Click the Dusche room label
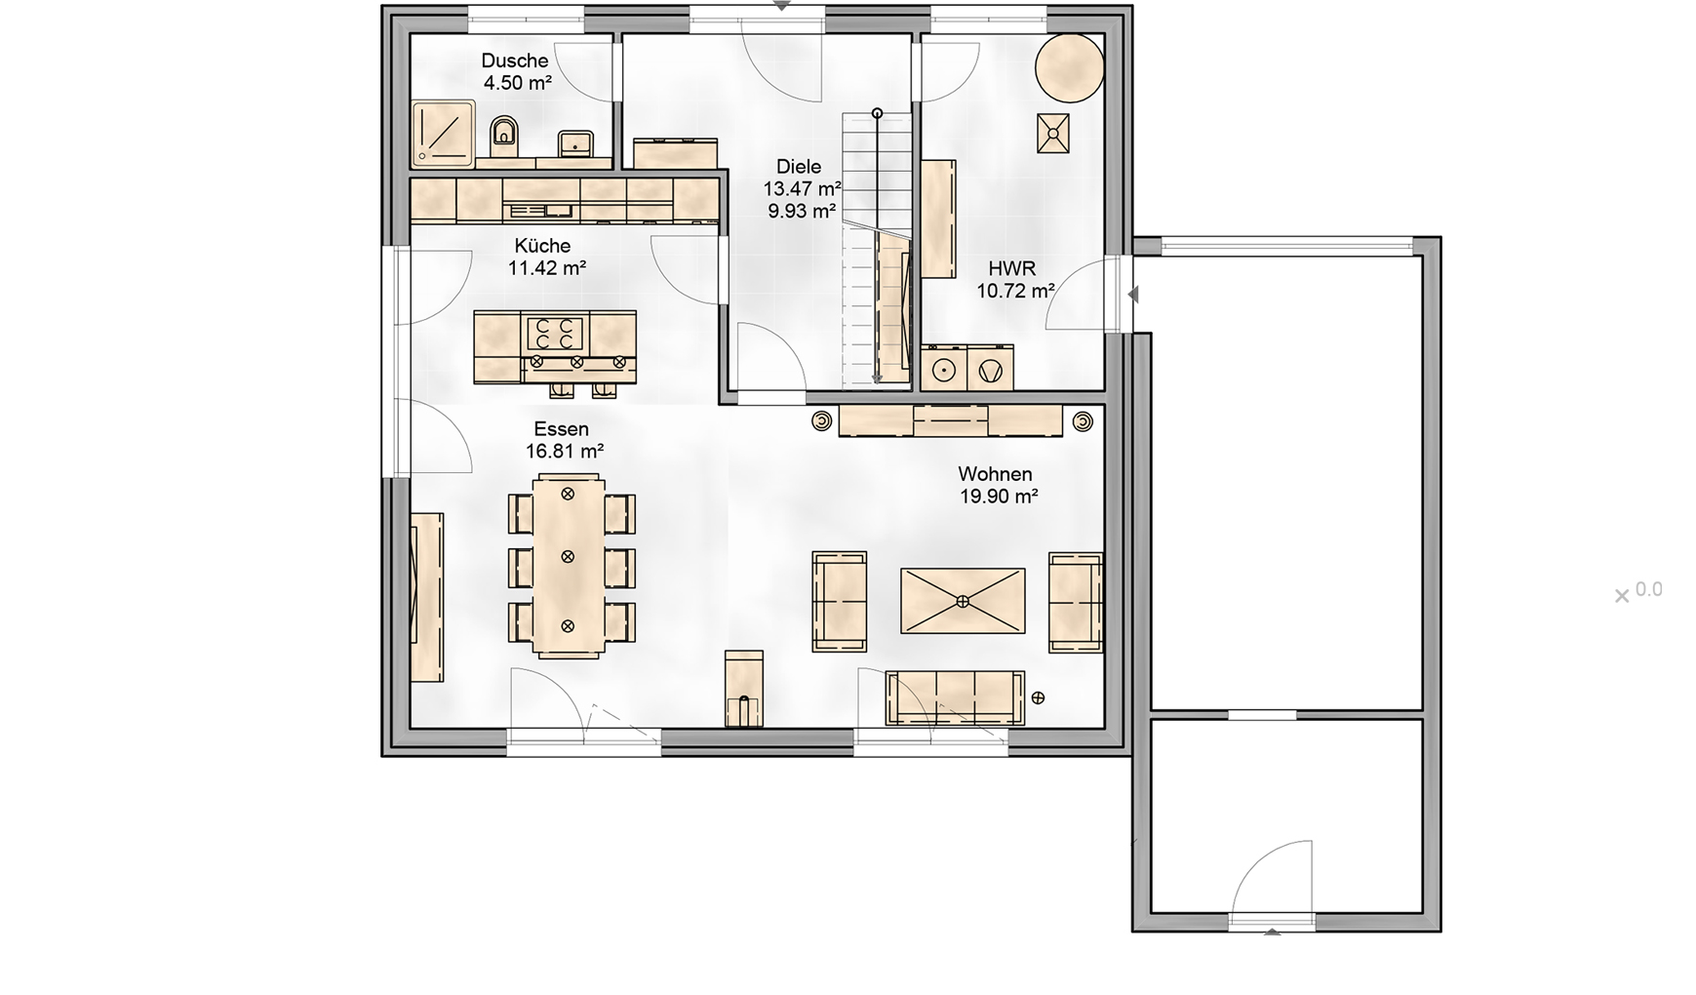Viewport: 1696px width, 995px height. coord(515,60)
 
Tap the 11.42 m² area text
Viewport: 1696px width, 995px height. coord(547,267)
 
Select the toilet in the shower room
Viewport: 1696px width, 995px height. coord(503,136)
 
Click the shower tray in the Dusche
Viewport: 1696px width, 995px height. coord(442,131)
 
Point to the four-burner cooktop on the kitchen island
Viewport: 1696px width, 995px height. coord(555,333)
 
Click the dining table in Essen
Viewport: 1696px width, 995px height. coord(568,567)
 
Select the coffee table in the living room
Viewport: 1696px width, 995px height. coord(963,601)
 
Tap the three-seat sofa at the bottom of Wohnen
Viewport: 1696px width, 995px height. coord(955,698)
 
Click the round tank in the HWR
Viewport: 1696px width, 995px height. coord(1069,68)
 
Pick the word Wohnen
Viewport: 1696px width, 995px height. coord(995,474)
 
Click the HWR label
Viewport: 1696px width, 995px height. coord(1012,268)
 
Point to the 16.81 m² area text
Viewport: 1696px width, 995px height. coord(565,451)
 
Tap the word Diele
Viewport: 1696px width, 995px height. coord(799,167)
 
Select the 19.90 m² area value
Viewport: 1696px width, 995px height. coord(999,496)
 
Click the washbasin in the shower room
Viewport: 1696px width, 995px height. coord(575,143)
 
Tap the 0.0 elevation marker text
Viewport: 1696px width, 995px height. coord(1648,589)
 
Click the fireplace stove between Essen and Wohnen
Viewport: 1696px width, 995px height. coord(743,689)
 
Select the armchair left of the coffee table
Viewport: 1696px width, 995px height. coord(840,601)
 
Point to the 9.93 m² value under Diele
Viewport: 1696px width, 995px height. coord(802,210)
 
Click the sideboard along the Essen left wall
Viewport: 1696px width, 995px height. coord(427,597)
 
